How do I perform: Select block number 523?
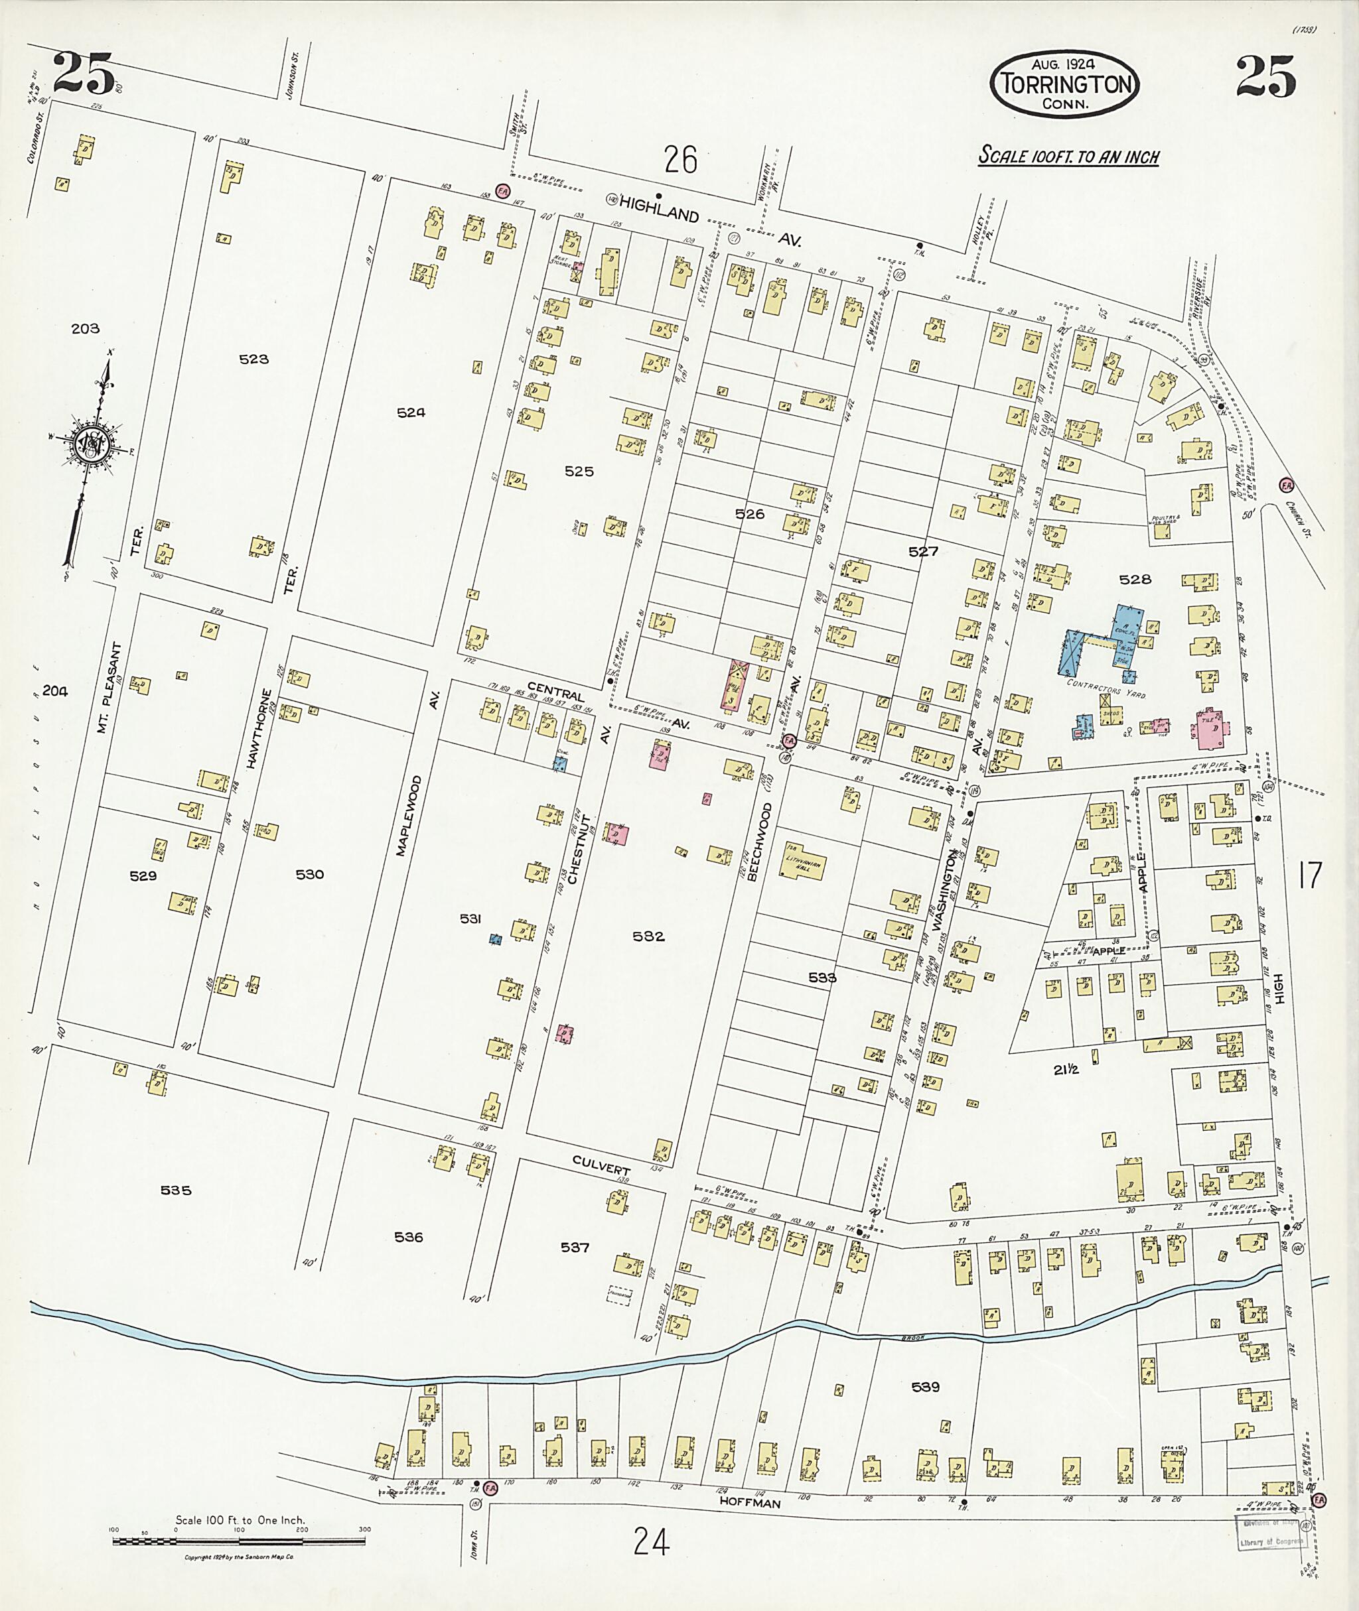[253, 359]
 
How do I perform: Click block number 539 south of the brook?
[925, 1387]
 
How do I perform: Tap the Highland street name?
[660, 209]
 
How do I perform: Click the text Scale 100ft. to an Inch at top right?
[1068, 156]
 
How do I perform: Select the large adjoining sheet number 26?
[680, 161]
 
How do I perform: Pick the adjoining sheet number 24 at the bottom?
[651, 1542]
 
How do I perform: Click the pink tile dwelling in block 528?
[1210, 728]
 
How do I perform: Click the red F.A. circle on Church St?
[1285, 485]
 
